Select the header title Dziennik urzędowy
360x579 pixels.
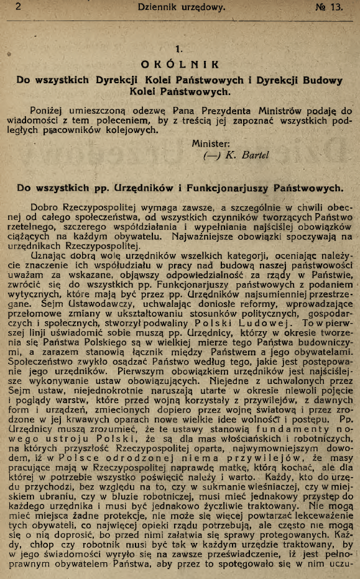pos(181,7)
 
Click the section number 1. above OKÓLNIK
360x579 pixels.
pos(180,48)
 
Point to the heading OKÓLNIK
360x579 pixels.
pos(180,63)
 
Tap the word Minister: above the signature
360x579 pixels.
pos(211,143)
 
